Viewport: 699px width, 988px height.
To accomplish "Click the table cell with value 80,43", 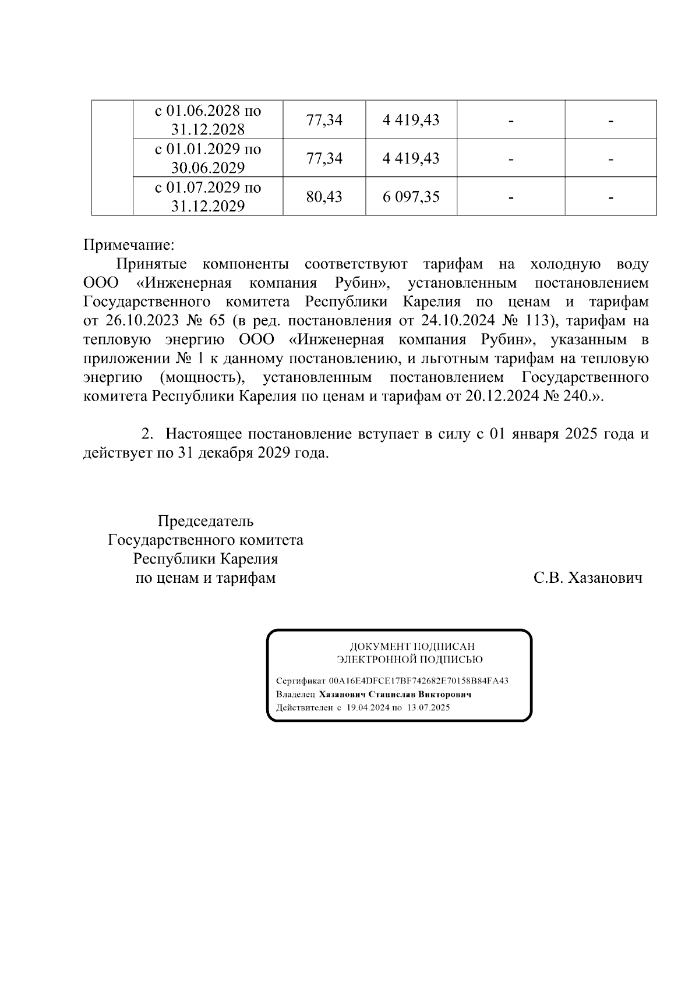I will point(324,197).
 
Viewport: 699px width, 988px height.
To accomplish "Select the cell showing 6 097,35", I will point(411,197).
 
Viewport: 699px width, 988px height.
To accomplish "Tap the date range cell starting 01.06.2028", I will point(207,120).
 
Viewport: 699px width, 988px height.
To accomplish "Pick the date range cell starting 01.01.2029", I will point(207,158).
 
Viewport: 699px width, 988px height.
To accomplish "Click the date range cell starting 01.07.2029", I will point(207,197).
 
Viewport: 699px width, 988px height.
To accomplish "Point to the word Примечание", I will point(129,244).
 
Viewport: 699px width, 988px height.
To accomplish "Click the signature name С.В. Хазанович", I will point(588,578).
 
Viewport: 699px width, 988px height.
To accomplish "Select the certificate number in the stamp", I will point(418,681).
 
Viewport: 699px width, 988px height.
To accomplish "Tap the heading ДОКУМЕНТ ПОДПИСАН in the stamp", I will point(412,647).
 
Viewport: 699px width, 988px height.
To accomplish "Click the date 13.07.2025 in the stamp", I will point(429,708).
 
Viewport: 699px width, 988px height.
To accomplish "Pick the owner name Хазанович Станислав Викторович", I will point(395,695).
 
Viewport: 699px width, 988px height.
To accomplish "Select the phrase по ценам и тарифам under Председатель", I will point(205,578).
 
